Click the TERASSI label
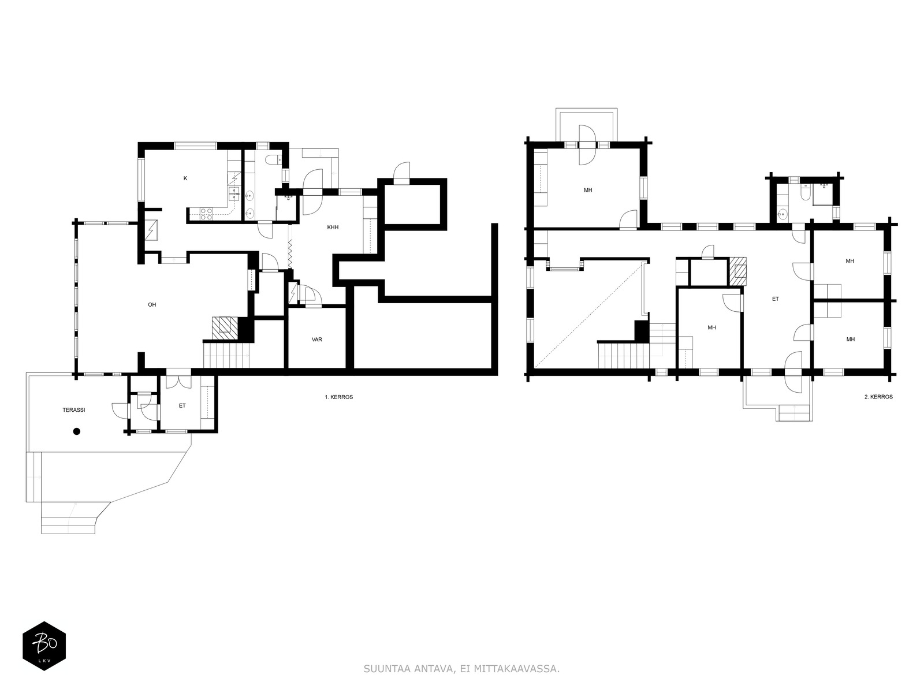[x=74, y=410]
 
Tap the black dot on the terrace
[x=77, y=431]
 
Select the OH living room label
[x=152, y=305]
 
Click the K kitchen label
[x=185, y=178]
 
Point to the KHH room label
[x=333, y=227]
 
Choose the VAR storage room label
[x=317, y=340]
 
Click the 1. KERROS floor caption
[x=339, y=397]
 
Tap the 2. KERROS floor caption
[x=878, y=397]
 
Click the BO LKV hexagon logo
[x=44, y=646]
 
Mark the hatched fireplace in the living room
[x=225, y=328]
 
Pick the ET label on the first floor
[x=182, y=405]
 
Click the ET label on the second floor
[x=776, y=299]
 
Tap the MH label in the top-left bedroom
[x=588, y=190]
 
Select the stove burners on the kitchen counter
[x=206, y=214]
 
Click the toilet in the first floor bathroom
[x=272, y=160]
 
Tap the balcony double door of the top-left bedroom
[x=587, y=145]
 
